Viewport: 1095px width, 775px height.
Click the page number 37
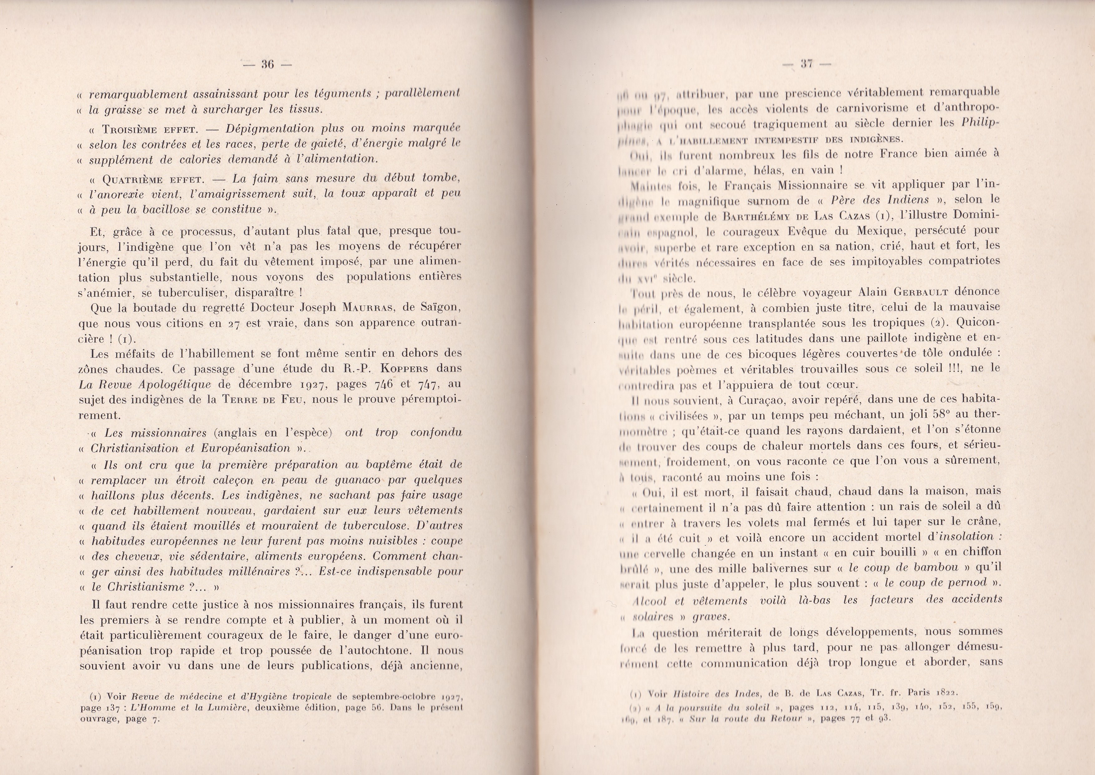pos(807,64)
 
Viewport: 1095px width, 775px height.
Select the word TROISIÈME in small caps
pos(130,130)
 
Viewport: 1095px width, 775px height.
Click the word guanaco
pos(352,480)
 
